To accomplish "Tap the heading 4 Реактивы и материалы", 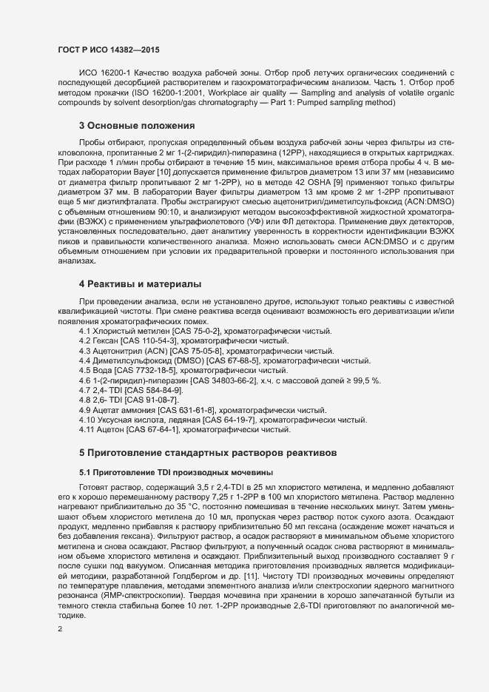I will click(139, 283).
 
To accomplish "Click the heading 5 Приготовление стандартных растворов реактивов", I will click(211, 451).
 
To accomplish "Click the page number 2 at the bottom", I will click(60, 629).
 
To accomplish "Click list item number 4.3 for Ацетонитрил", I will click(86, 350).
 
